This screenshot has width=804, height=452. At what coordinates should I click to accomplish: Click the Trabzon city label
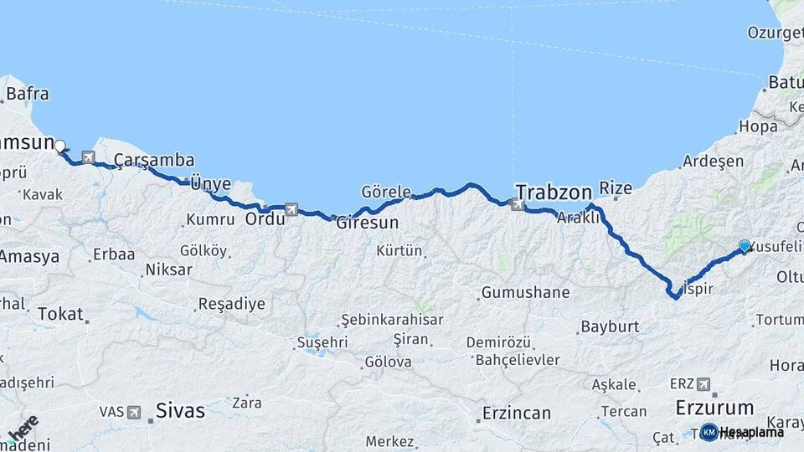tap(554, 191)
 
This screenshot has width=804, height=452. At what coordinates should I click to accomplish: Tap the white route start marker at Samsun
tap(60, 146)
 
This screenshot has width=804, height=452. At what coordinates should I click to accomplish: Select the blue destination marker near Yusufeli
tap(745, 245)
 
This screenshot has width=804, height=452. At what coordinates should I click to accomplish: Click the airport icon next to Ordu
tap(291, 209)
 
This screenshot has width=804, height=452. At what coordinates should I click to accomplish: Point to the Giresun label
tap(367, 224)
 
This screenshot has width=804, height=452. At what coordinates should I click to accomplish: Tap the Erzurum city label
tap(714, 408)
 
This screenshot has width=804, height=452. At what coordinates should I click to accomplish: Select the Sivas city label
tap(180, 411)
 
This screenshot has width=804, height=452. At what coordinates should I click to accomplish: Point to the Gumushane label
tap(524, 293)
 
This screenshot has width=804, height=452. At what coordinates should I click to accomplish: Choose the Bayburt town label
tap(610, 326)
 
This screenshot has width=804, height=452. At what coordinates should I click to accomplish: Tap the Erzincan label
tap(517, 413)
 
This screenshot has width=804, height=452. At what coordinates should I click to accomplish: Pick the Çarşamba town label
tap(154, 160)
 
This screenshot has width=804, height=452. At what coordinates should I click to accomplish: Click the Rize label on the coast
tap(616, 189)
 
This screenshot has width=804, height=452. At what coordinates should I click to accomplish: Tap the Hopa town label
tap(757, 127)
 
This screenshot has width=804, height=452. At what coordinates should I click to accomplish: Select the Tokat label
tap(59, 314)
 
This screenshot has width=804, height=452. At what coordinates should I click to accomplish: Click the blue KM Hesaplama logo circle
tap(709, 432)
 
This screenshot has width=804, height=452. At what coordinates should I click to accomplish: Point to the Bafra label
tap(27, 94)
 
